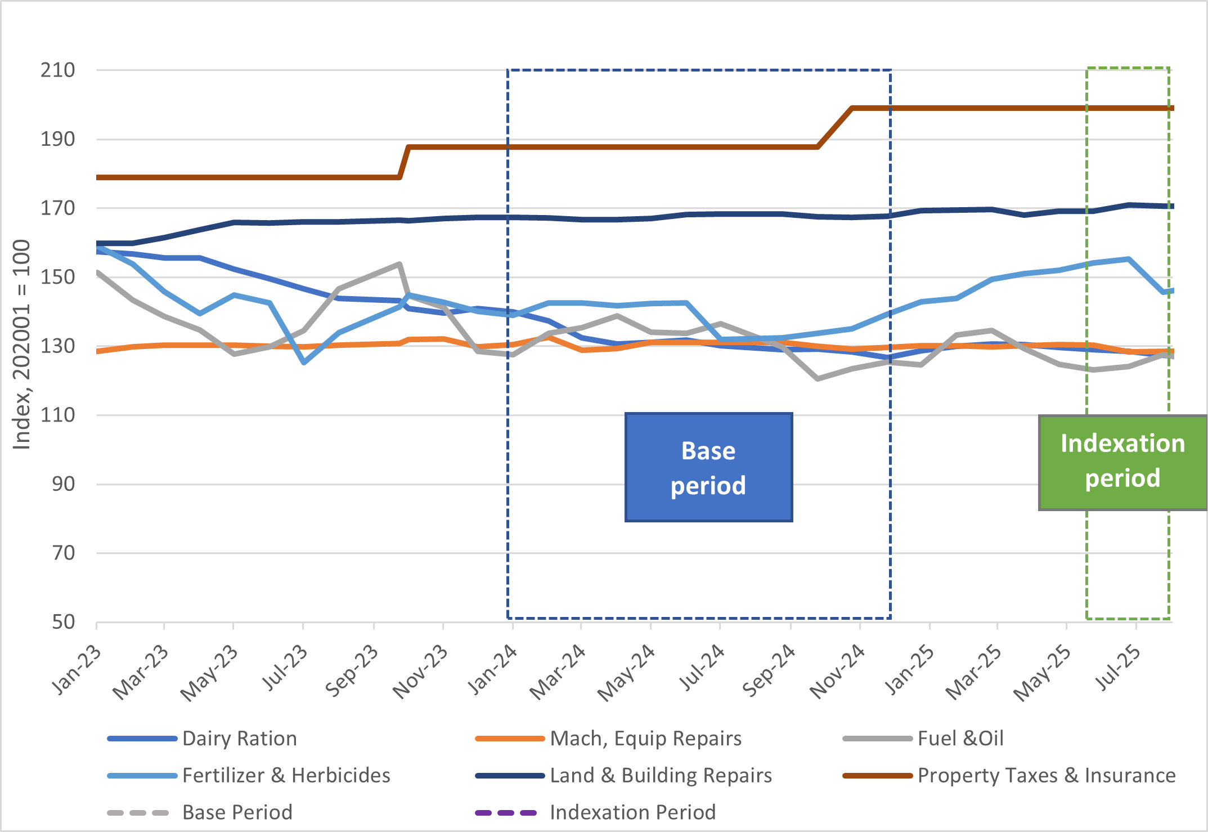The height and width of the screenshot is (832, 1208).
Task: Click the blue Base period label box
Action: [708, 467]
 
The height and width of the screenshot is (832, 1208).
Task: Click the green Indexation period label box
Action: [1122, 462]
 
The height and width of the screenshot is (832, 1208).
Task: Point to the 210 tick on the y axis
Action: [57, 70]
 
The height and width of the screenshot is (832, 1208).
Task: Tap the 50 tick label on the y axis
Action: [63, 622]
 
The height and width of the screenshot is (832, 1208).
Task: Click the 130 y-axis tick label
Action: [57, 346]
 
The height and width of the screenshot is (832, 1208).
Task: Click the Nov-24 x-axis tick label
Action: [837, 671]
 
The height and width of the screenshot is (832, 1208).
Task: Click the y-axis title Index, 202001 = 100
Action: [21, 345]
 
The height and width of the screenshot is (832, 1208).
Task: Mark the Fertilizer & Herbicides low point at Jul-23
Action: [304, 363]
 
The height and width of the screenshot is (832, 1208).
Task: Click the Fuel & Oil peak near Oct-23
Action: [399, 264]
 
